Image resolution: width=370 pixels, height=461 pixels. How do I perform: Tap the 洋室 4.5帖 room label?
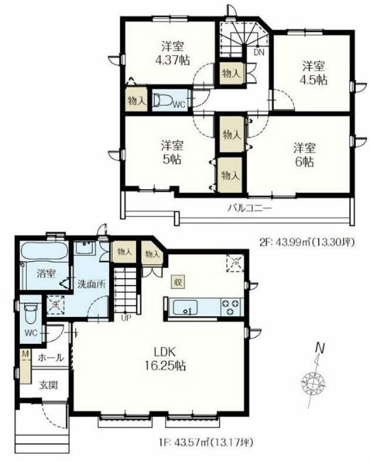pos(313,73)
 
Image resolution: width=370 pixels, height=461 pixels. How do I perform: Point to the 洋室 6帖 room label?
pos(304,155)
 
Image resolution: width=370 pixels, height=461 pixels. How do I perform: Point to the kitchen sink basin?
pos(186,307)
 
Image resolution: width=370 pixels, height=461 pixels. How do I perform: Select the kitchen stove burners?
pos(231,307)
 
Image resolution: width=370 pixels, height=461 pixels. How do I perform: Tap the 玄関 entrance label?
pos(48,386)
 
